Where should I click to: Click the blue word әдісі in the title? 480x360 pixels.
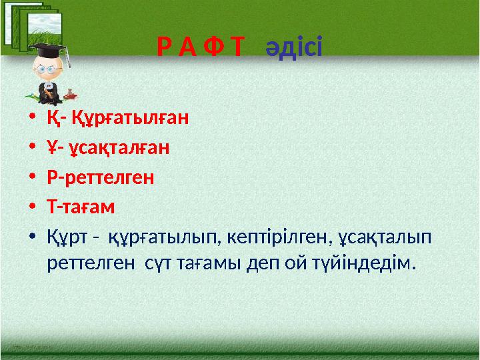(x=294, y=48)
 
